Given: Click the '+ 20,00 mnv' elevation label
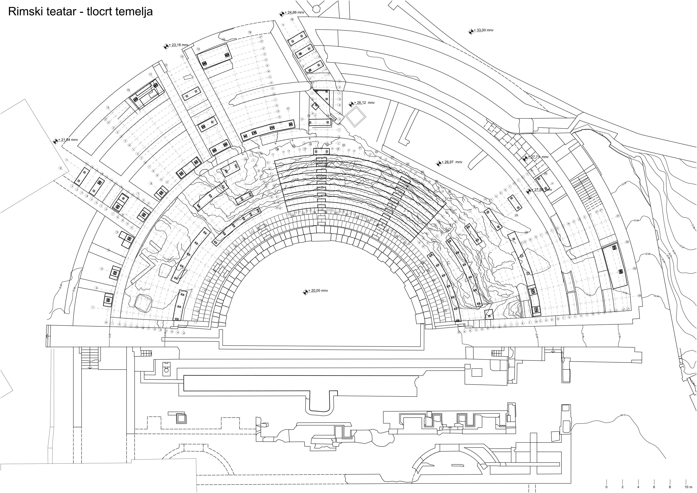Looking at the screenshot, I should point(318,290).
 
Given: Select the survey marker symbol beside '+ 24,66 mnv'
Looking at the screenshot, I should point(282,13).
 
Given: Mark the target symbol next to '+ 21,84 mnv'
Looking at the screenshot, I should point(55,141).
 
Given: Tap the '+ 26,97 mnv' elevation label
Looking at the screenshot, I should point(453,162).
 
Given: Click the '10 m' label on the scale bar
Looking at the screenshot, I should point(688,487).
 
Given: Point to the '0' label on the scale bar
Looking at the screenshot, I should point(606,487).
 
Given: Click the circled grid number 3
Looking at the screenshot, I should point(102,269).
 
